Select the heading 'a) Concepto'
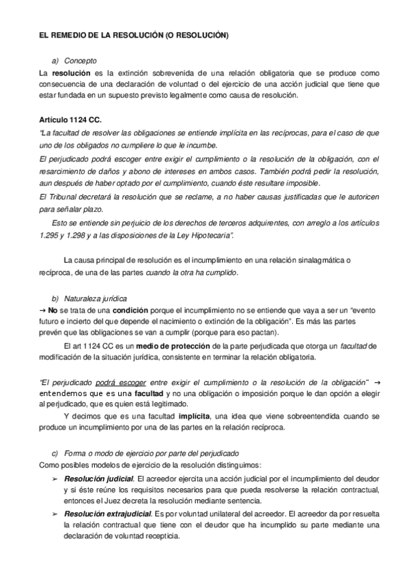(x=75, y=60)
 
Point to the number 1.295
(x=52, y=234)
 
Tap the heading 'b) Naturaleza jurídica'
(x=89, y=299)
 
